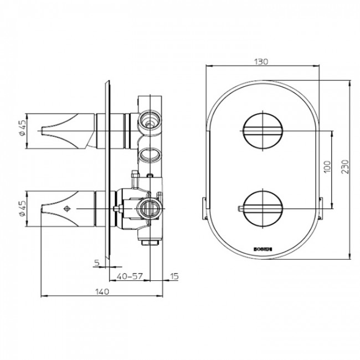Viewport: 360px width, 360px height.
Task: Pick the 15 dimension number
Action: [174, 275]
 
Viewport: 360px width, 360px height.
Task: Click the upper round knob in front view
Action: [263, 131]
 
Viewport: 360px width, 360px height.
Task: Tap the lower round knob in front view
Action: [263, 208]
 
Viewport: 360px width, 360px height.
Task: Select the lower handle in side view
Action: [66, 209]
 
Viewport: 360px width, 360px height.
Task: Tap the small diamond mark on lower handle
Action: [68, 209]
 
